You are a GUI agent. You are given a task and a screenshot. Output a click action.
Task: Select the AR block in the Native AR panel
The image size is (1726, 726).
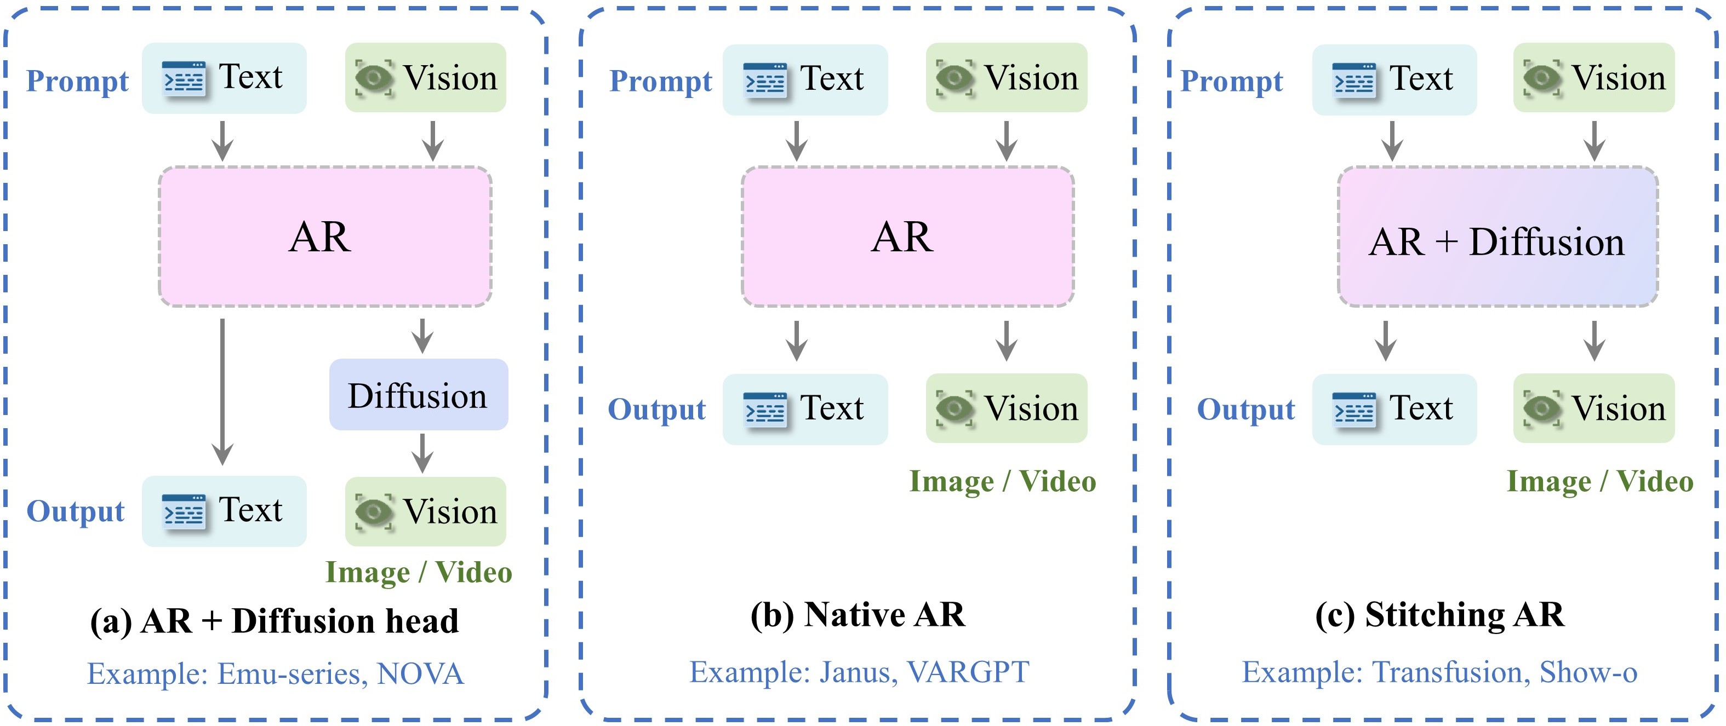(907, 237)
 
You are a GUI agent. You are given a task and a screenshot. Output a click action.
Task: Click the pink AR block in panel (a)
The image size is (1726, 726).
(325, 237)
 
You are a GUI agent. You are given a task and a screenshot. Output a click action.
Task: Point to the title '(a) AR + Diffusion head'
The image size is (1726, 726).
(274, 621)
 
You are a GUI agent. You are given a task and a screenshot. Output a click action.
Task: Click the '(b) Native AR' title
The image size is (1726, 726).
(858, 615)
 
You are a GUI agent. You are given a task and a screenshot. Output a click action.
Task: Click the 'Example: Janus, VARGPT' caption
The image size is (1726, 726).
(859, 672)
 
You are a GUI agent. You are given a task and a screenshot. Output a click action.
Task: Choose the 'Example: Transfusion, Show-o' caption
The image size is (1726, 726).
(1439, 672)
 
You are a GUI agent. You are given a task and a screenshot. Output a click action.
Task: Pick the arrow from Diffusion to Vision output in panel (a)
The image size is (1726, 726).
(422, 453)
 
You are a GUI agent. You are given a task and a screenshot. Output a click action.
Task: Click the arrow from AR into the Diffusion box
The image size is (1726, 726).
(422, 336)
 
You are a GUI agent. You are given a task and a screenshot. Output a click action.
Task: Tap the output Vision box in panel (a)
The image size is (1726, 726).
(425, 512)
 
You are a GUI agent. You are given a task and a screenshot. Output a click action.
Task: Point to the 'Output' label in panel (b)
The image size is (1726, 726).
(656, 409)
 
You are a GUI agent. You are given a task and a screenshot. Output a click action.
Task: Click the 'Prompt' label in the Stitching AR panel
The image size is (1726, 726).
(1232, 81)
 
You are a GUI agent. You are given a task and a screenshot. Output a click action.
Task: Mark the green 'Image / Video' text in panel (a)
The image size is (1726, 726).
(419, 573)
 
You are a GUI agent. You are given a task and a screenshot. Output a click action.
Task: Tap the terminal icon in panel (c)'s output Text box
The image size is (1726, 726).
(1354, 409)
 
